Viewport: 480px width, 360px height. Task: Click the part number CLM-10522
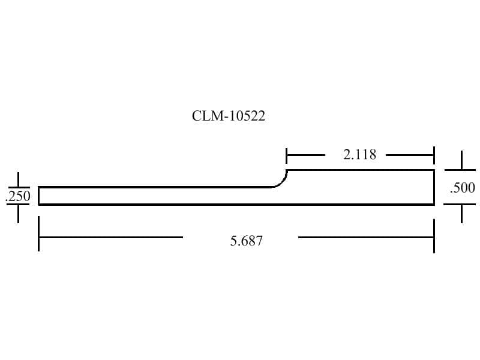pos(228,116)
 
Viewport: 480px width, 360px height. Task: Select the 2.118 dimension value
pos(359,155)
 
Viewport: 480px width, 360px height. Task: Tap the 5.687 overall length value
pos(246,242)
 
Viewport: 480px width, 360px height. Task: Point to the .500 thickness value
pos(462,188)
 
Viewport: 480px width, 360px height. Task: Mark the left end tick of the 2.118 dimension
pos(287,155)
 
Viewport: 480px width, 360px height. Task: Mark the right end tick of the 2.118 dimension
pos(433,155)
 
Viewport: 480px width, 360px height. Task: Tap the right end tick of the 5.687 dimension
pos(433,236)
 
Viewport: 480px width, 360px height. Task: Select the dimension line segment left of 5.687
pos(111,236)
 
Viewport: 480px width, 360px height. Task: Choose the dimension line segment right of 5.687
pos(365,236)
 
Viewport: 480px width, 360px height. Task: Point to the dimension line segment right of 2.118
pos(409,155)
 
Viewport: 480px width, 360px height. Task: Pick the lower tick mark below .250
pos(18,213)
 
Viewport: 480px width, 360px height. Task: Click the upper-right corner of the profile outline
pos(433,170)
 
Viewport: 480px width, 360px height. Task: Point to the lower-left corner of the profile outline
pos(40,204)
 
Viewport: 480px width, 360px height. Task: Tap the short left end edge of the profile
pos(40,196)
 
